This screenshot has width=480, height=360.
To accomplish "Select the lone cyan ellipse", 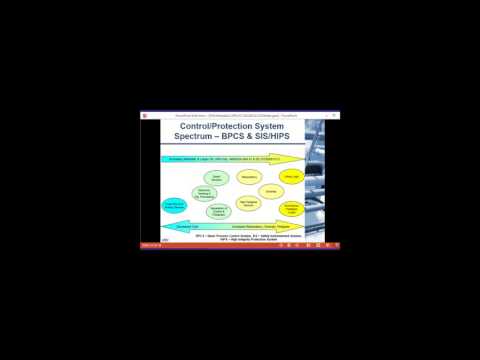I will click(x=174, y=205).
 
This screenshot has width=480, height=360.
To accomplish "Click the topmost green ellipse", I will click(x=217, y=178).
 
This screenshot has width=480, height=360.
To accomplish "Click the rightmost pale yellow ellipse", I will click(x=271, y=190).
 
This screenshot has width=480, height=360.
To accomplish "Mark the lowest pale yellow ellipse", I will click(x=247, y=203).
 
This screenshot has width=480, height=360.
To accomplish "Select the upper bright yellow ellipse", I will click(x=292, y=177).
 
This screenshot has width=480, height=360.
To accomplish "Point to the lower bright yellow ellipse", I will click(x=291, y=207).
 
